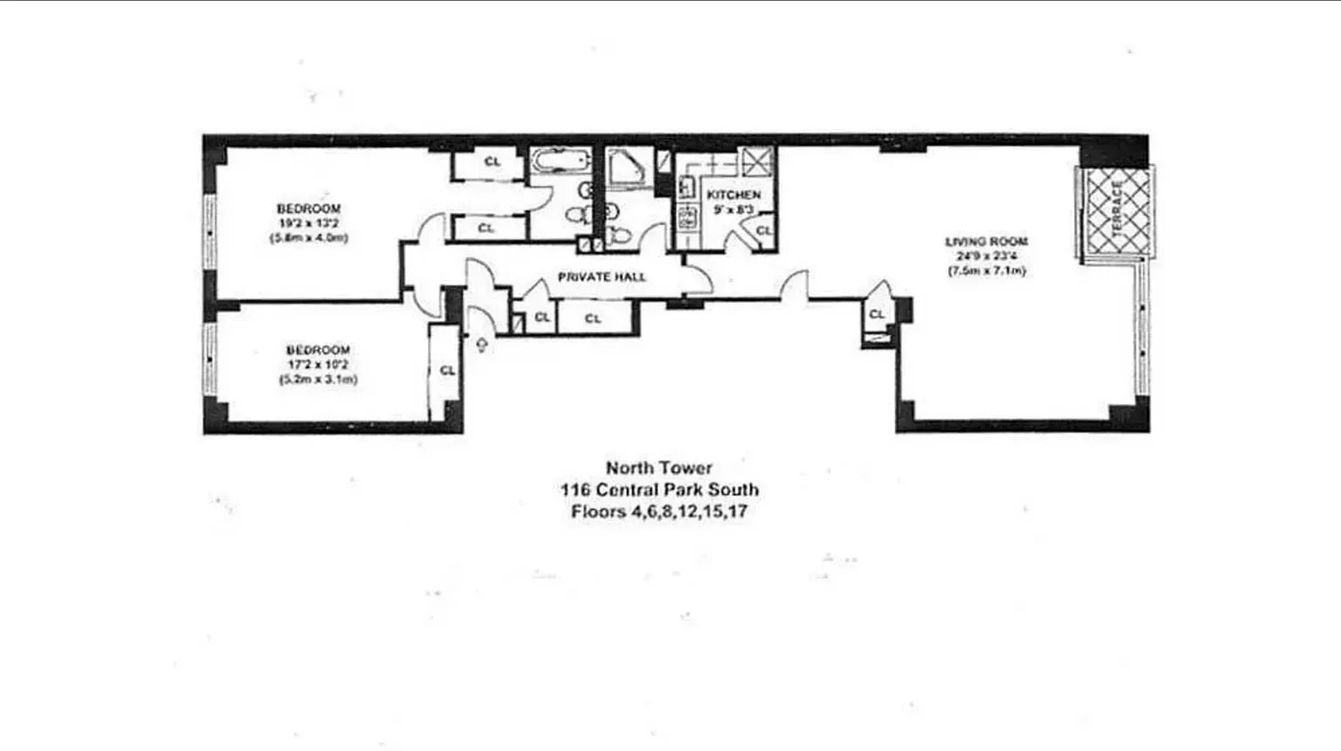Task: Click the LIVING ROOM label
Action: [x=987, y=242]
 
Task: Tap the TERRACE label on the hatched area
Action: [x=1117, y=209]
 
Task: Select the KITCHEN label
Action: [x=733, y=195]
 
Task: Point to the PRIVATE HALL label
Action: [x=602, y=277]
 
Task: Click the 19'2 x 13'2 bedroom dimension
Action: [x=308, y=223]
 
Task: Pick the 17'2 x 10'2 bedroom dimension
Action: [x=318, y=365]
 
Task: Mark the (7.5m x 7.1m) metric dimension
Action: [x=987, y=271]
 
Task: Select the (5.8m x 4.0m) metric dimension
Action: [x=308, y=237]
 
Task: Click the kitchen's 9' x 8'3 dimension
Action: [x=732, y=209]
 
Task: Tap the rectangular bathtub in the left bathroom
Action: [x=560, y=161]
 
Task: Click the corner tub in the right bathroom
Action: [x=629, y=167]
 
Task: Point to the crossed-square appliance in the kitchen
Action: [x=756, y=161]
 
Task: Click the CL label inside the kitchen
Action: [x=763, y=230]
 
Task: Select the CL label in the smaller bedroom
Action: [x=447, y=371]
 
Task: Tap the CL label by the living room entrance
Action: [x=877, y=314]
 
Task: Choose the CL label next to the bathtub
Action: [x=492, y=161]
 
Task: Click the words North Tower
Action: [x=659, y=468]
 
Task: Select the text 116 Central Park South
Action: [x=659, y=490]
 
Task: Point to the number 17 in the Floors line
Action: [x=737, y=512]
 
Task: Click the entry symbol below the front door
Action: [x=481, y=345]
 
